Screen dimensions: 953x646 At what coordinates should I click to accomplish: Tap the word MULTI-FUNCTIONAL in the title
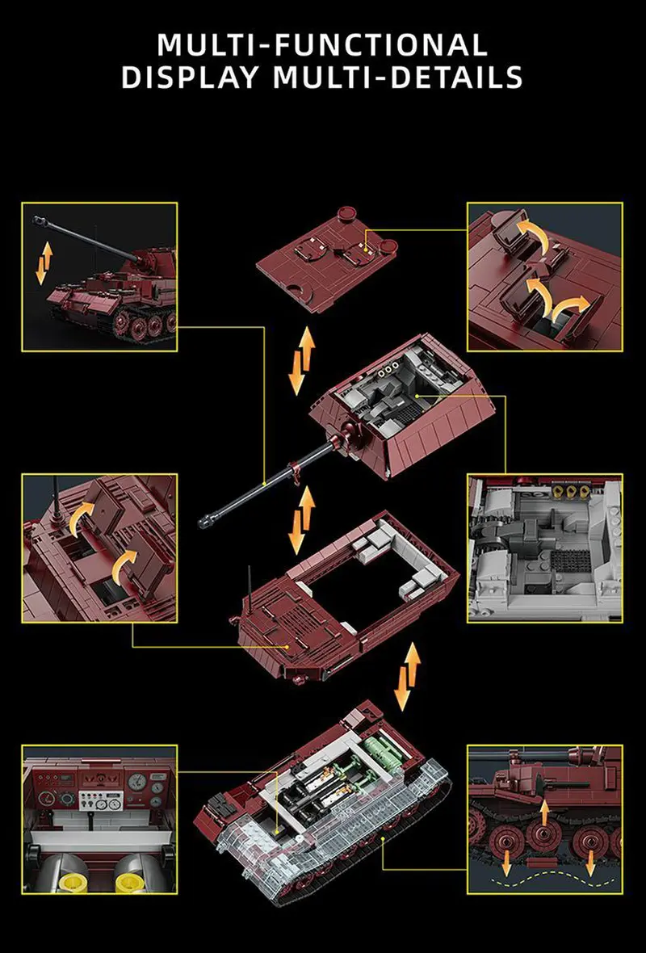coord(322,44)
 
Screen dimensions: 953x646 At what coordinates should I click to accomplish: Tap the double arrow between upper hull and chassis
coord(408,676)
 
